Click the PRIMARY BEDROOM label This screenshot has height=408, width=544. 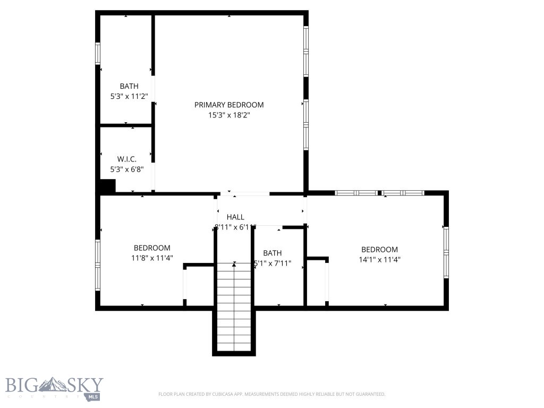click(229, 105)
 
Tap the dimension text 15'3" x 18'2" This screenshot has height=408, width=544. click(229, 115)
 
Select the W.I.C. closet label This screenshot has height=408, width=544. click(126, 159)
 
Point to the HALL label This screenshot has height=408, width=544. click(235, 217)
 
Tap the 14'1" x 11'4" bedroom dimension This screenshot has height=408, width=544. click(379, 260)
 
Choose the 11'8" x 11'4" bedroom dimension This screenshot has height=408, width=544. click(152, 258)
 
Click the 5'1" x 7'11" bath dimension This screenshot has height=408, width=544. click(273, 262)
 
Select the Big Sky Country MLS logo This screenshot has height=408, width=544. click(54, 388)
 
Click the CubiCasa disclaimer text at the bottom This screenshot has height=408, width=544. click(271, 394)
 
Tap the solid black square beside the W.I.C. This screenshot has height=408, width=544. click(108, 186)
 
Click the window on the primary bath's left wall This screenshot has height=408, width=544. click(98, 53)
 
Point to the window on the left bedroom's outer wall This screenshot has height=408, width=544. click(98, 265)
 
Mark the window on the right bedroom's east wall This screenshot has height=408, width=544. click(446, 252)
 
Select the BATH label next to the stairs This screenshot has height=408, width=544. click(272, 253)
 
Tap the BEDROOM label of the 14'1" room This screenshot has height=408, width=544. click(379, 250)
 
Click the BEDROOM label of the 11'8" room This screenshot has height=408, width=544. click(152, 248)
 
